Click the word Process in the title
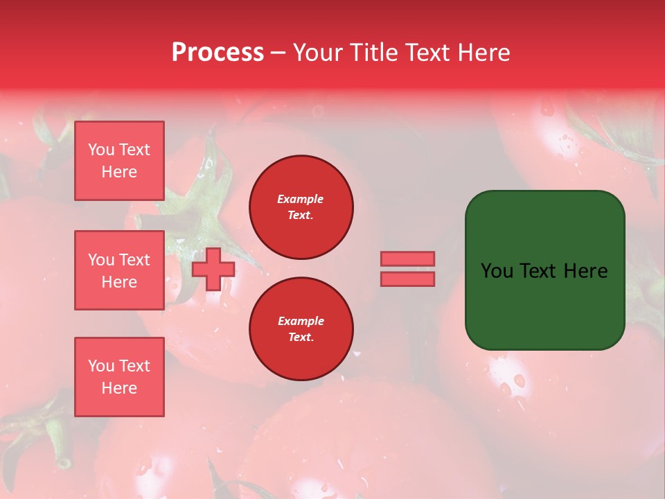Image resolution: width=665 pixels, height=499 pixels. point(218,53)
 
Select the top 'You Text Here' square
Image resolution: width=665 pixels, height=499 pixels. point(119,161)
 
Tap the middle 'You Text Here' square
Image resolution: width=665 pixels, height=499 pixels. point(119,270)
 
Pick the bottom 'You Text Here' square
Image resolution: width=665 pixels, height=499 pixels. point(119,377)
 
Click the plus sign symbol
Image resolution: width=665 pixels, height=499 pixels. point(213,269)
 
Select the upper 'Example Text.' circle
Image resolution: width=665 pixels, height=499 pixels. point(301,207)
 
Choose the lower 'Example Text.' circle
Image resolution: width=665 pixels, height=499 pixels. point(301,329)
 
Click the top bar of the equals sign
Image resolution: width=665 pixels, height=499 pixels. point(407,259)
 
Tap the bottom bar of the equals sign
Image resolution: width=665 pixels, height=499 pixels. point(407,279)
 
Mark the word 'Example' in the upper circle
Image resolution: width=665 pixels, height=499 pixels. point(301,200)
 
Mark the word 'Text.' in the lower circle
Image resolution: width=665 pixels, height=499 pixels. point(301,338)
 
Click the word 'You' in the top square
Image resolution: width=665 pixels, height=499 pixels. point(101,150)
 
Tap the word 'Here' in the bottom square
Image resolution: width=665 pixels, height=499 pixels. point(119,388)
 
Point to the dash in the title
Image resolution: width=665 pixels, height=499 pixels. point(278,53)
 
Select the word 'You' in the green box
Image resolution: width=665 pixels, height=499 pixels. point(497,271)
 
